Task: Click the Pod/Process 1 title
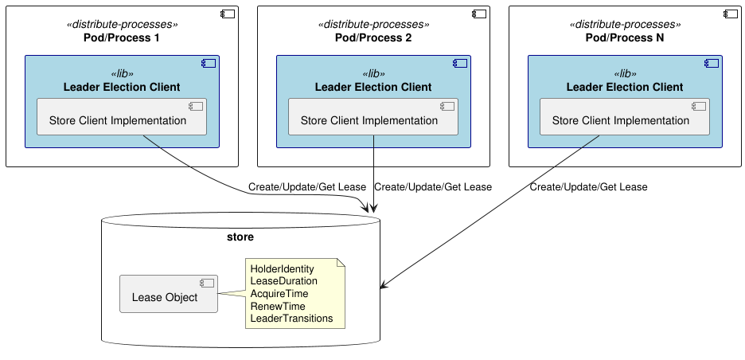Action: pos(122,38)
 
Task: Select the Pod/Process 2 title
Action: pos(373,38)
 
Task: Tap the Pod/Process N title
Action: pos(625,38)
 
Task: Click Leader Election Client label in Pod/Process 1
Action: pos(122,87)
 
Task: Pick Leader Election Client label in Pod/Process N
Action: pos(625,87)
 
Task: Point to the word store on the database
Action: pos(240,237)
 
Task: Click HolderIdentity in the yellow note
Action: pos(282,269)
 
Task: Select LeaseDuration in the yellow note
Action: pos(283,281)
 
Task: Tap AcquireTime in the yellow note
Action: pos(279,294)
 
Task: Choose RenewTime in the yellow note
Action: pos(277,306)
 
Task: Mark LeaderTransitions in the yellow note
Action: pos(291,319)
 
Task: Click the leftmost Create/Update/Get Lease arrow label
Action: pos(307,187)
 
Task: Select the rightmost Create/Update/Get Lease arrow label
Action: pos(588,187)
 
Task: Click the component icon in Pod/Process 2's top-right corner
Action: pos(478,14)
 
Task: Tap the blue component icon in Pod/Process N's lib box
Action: pos(711,64)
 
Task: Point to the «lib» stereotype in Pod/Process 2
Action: pos(373,73)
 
